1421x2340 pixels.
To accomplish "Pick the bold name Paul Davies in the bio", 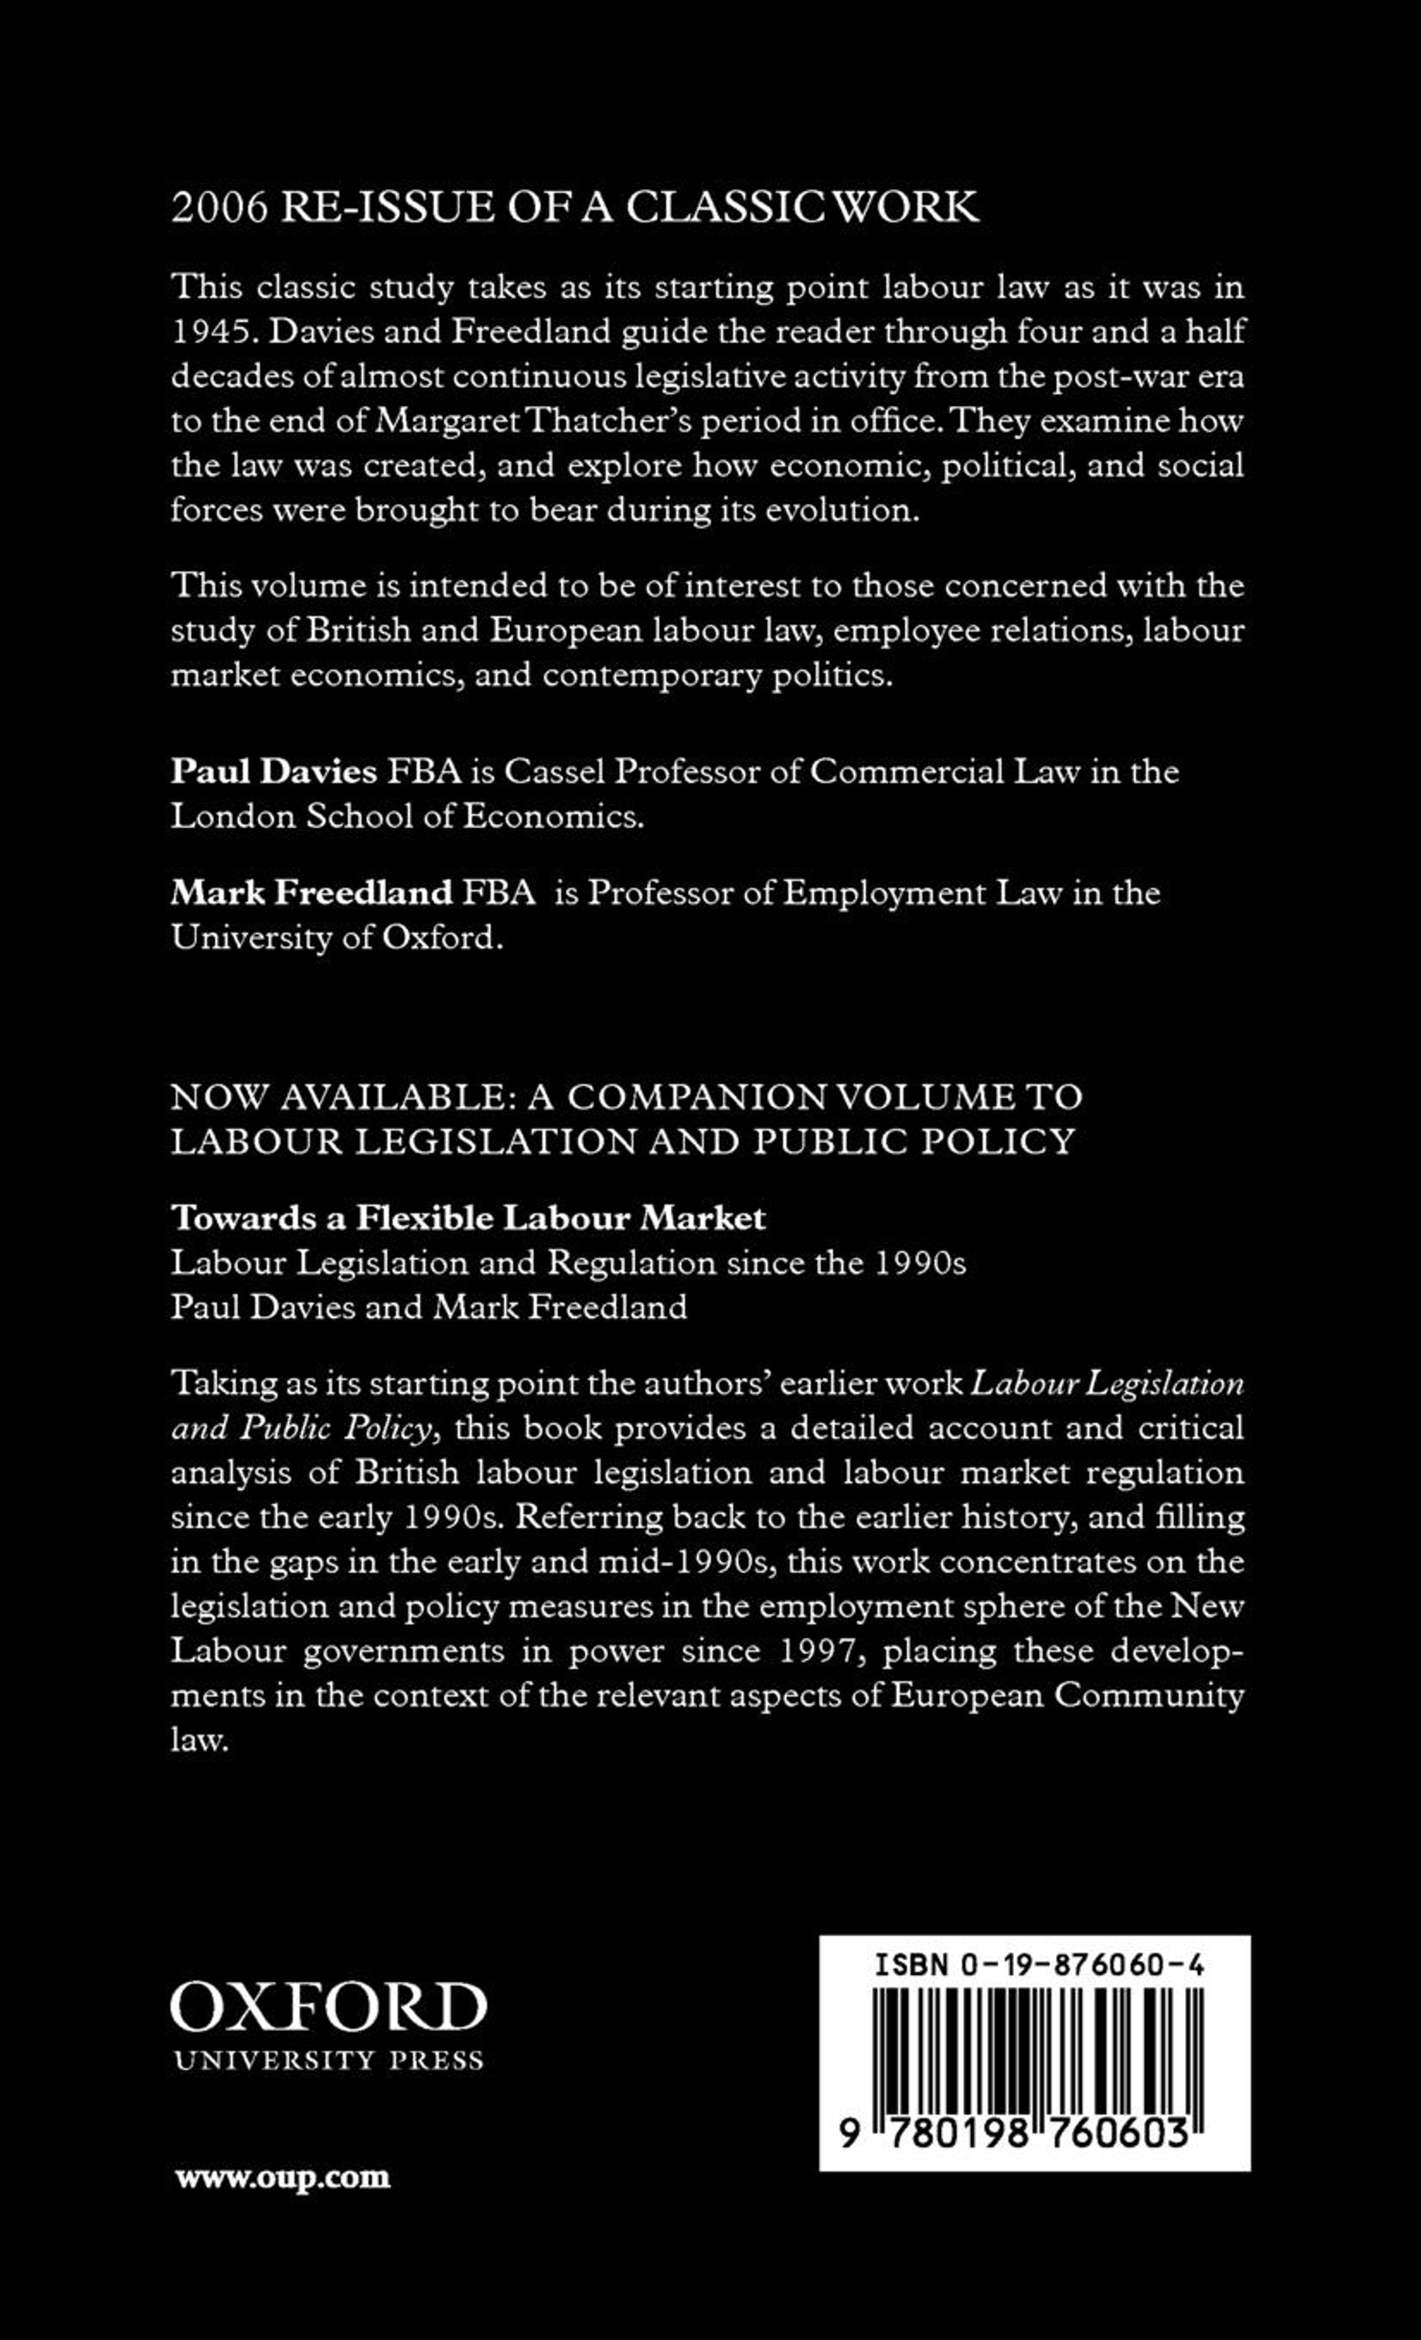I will [274, 771].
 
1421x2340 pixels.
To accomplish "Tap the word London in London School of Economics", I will [232, 817].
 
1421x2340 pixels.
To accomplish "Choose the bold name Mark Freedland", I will [311, 893].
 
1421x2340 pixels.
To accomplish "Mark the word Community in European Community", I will [1149, 1696].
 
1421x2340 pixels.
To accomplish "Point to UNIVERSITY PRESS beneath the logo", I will [327, 2061].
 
